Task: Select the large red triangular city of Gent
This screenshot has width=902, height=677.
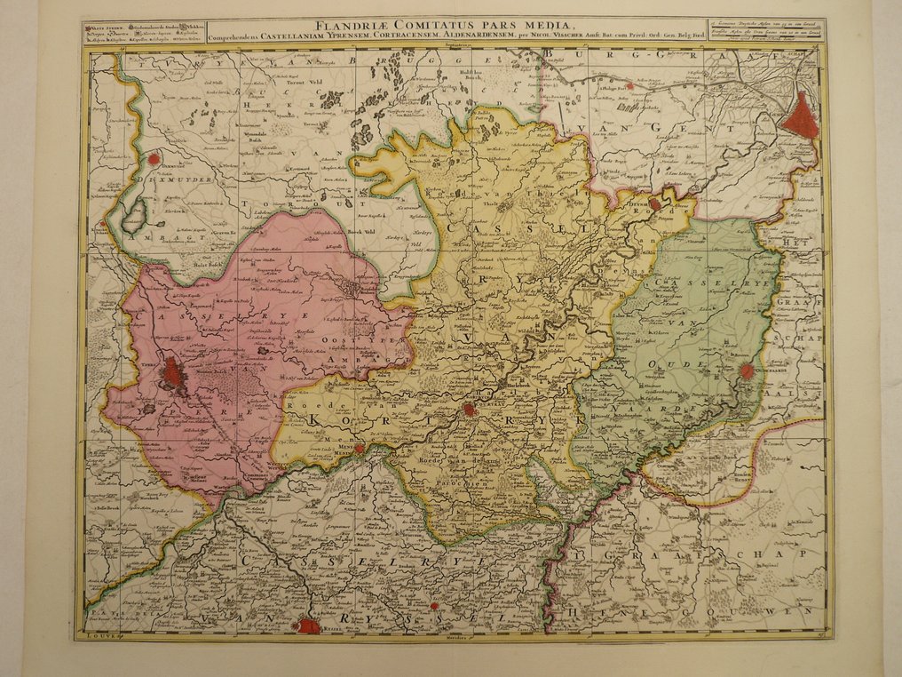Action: pos(804,117)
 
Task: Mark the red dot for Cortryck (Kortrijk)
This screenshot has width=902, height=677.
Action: pos(469,410)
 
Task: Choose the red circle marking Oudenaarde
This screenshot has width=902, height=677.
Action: pos(748,371)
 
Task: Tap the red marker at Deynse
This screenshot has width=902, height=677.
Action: pos(655,204)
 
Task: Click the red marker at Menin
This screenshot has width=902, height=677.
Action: pos(359,450)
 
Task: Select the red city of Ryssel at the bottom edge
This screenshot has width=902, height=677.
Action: pos(307,625)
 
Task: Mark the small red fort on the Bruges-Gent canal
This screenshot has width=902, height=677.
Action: pos(629,87)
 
